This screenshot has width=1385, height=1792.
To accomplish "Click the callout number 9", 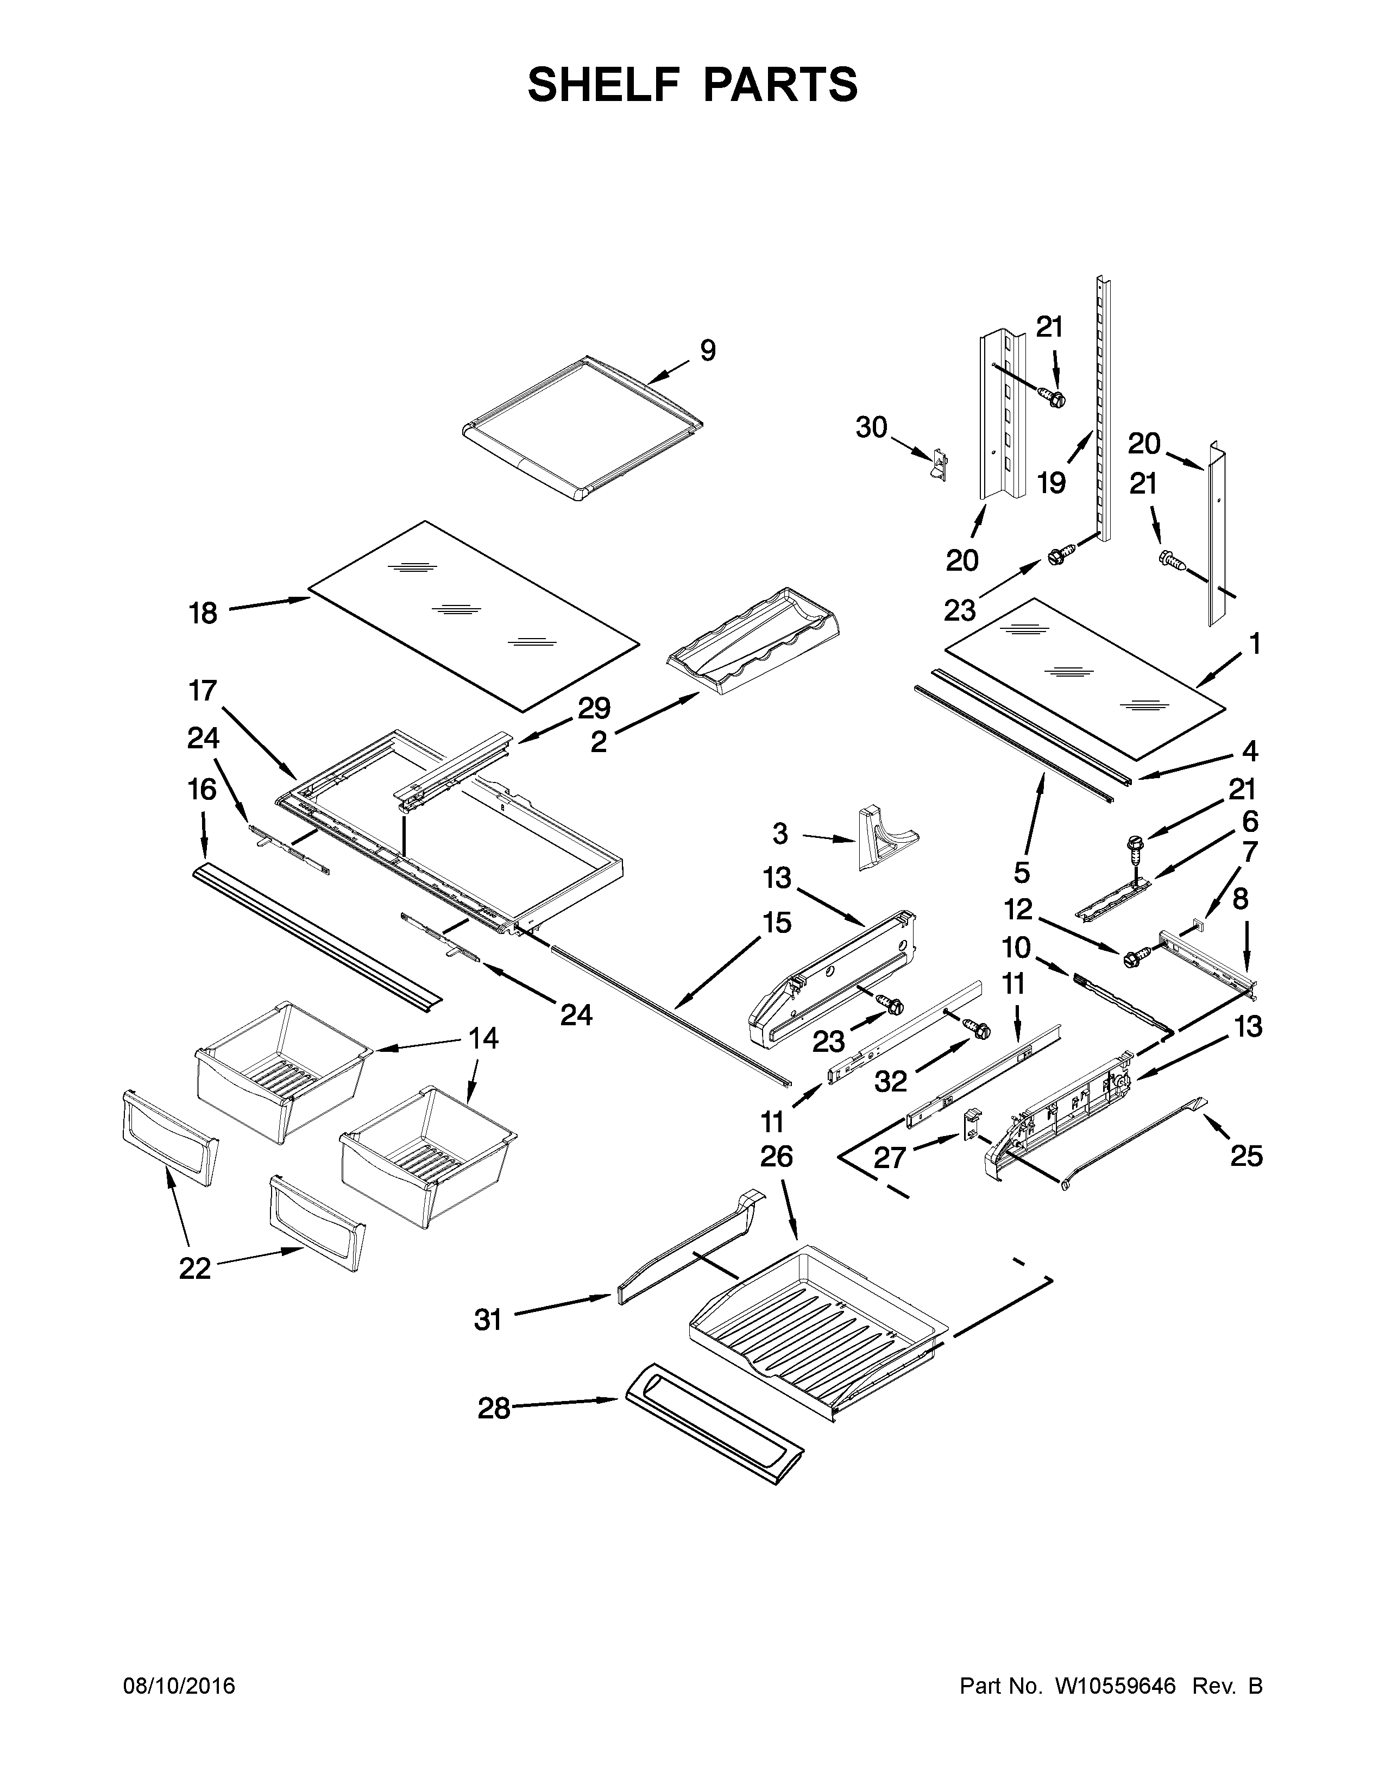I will click(x=707, y=351).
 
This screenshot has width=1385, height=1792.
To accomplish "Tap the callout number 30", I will click(x=871, y=427).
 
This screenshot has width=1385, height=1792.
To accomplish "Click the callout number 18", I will click(x=203, y=613).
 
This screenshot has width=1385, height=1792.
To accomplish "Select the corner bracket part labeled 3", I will click(x=882, y=837).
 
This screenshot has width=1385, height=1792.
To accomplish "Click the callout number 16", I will click(x=203, y=790).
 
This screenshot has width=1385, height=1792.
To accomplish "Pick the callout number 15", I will click(x=776, y=923).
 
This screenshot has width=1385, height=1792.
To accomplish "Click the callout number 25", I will click(x=1245, y=1157).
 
